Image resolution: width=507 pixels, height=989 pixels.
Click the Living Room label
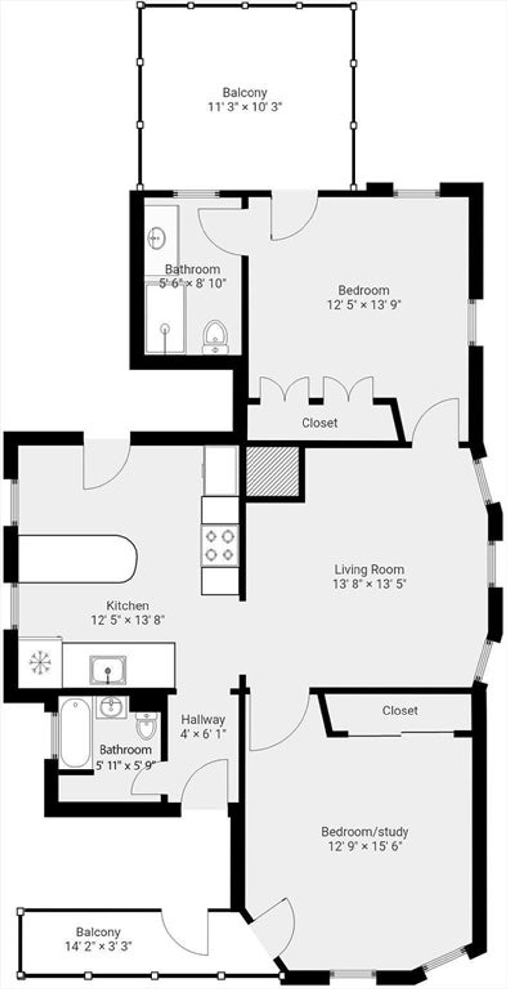coord(369,569)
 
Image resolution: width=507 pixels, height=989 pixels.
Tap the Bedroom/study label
coord(365,831)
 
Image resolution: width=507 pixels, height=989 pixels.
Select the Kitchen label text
coord(128,605)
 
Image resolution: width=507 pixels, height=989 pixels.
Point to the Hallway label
coord(203,719)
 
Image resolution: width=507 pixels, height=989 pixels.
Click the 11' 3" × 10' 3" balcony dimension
coord(245,106)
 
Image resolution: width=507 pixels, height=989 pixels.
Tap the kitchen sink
coord(108,670)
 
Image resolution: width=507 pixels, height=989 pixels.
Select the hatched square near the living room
coord(273,471)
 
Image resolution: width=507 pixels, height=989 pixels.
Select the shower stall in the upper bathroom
coord(165,318)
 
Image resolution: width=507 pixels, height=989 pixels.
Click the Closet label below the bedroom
coord(320,423)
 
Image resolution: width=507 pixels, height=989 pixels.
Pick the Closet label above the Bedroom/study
coord(400,710)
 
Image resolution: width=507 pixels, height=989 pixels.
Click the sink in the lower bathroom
coord(111,707)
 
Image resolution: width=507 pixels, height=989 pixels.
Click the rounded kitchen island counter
coord(77,558)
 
